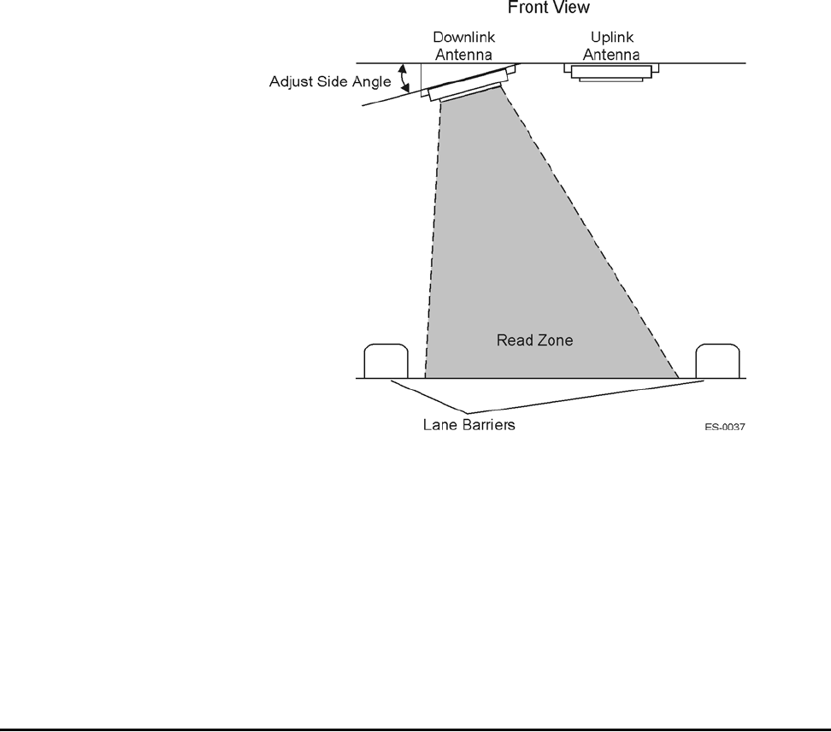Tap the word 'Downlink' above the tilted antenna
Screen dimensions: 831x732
point(463,38)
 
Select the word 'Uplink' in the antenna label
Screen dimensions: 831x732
point(611,38)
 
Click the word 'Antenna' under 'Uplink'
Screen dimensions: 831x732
point(612,54)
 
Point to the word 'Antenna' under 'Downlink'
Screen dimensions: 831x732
point(463,54)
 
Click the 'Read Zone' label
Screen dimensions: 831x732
point(534,340)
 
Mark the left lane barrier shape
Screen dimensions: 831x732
point(386,361)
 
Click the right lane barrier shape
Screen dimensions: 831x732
point(717,361)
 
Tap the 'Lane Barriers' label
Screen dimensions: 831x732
point(469,424)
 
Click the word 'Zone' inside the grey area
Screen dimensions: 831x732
point(555,340)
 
